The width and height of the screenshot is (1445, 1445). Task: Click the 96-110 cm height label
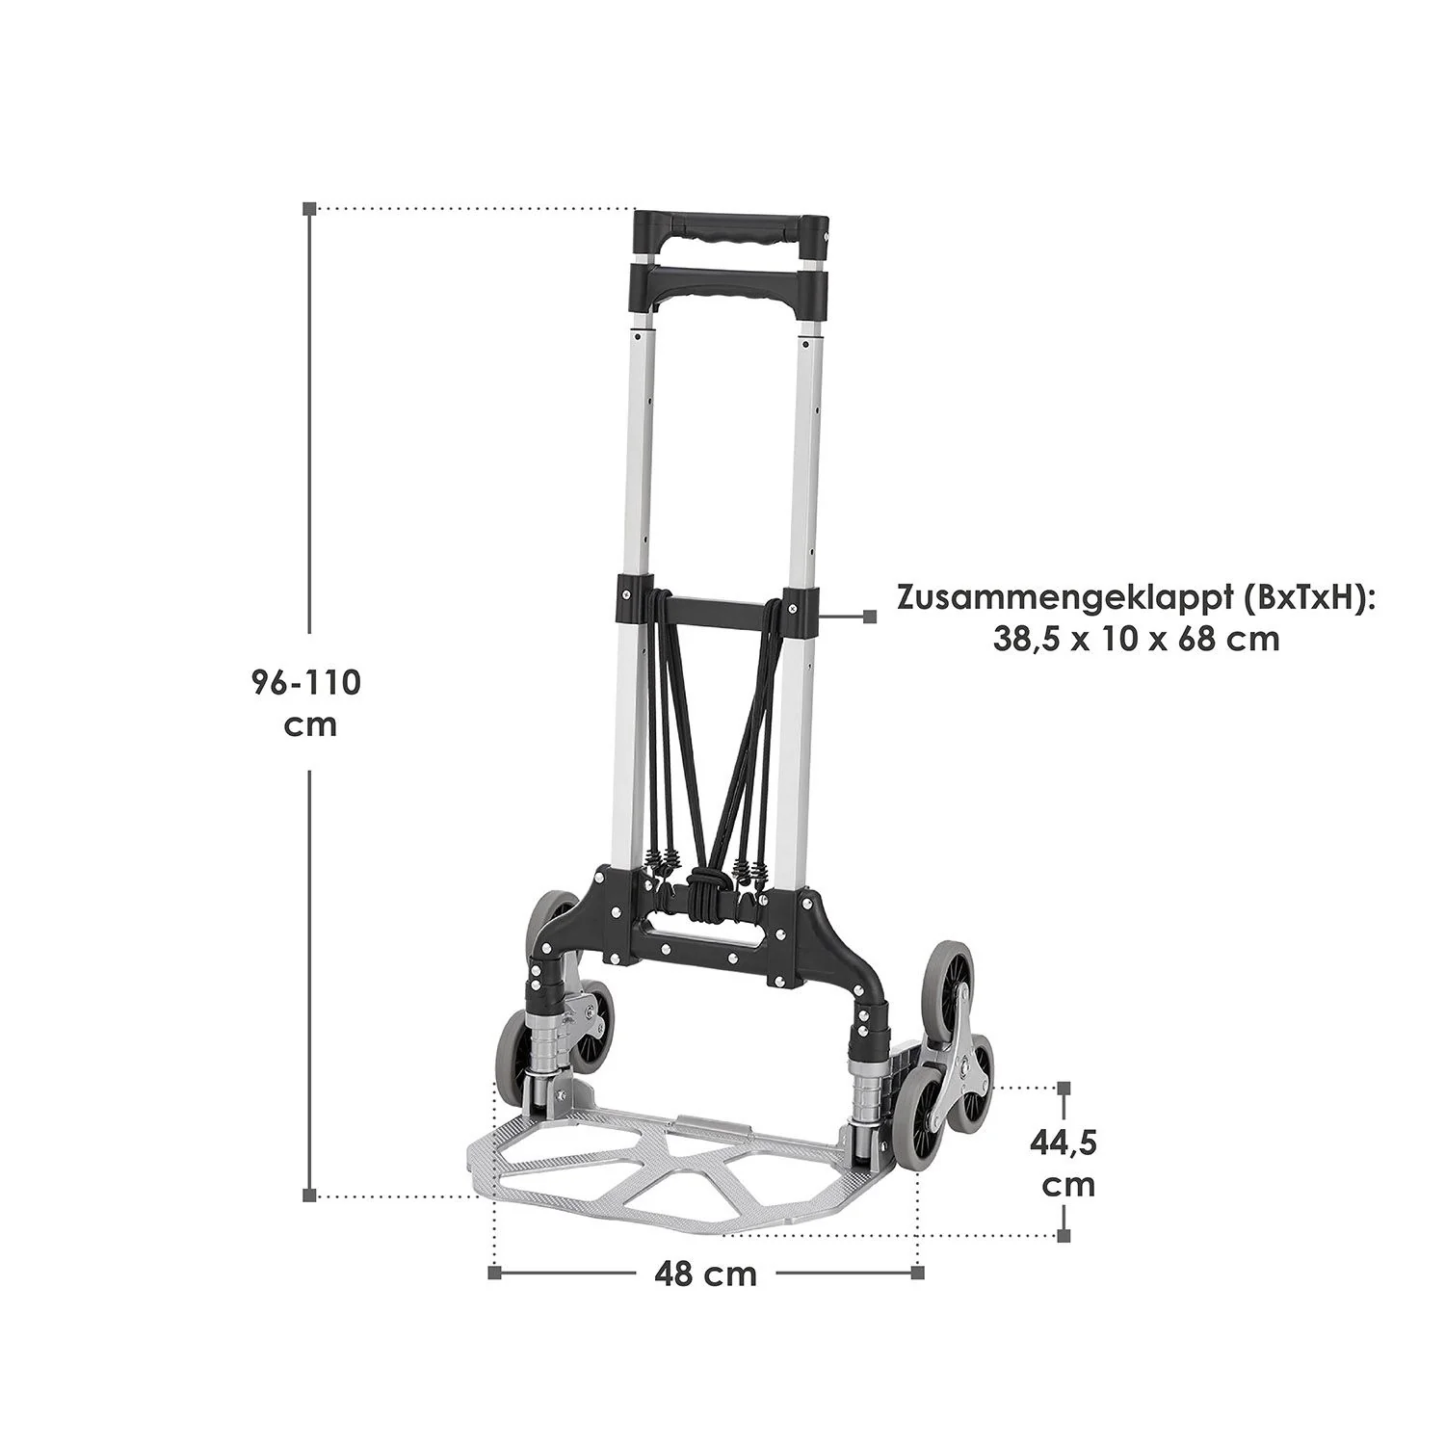click(305, 702)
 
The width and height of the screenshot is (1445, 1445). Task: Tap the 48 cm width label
click(705, 1274)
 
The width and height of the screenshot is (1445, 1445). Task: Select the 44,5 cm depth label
click(1064, 1163)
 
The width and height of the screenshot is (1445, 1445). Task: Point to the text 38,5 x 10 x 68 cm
click(1136, 639)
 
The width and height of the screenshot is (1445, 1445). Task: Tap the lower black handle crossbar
click(729, 284)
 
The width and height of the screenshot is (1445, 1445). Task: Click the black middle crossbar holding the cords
click(717, 610)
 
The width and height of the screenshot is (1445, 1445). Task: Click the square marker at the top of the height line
click(308, 208)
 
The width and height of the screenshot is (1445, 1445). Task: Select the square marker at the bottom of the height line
click(308, 1196)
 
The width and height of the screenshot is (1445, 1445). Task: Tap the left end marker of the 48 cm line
click(494, 1274)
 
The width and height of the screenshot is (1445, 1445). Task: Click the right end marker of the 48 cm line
click(917, 1274)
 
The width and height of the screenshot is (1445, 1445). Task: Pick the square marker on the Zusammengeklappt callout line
click(870, 617)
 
